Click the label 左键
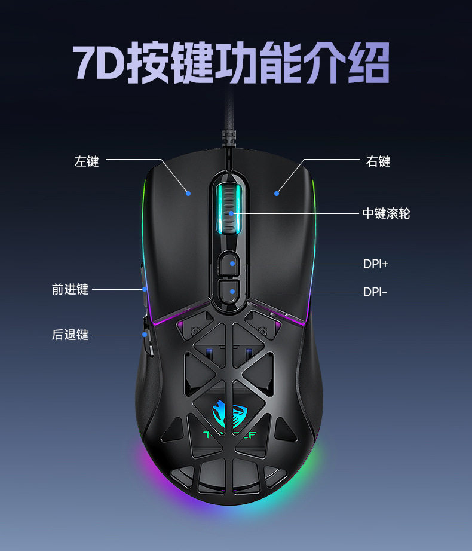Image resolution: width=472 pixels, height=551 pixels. [x=87, y=161]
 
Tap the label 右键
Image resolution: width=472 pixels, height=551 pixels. [x=378, y=161]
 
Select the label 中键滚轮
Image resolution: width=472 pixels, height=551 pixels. [x=386, y=213]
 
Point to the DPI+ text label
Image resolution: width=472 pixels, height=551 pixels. [x=376, y=264]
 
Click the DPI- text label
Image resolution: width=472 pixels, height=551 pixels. [x=375, y=292]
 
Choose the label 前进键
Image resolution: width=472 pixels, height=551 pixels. [x=70, y=290]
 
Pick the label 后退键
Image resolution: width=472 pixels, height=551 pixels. [x=70, y=335]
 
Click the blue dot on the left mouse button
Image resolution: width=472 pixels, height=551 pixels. [x=188, y=193]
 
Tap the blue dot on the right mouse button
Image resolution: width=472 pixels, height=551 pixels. [x=277, y=193]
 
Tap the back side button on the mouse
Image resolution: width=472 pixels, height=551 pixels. [x=145, y=335]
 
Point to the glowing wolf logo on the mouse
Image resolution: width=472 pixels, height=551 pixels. [x=230, y=412]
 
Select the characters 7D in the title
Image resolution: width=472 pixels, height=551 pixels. [x=98, y=63]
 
